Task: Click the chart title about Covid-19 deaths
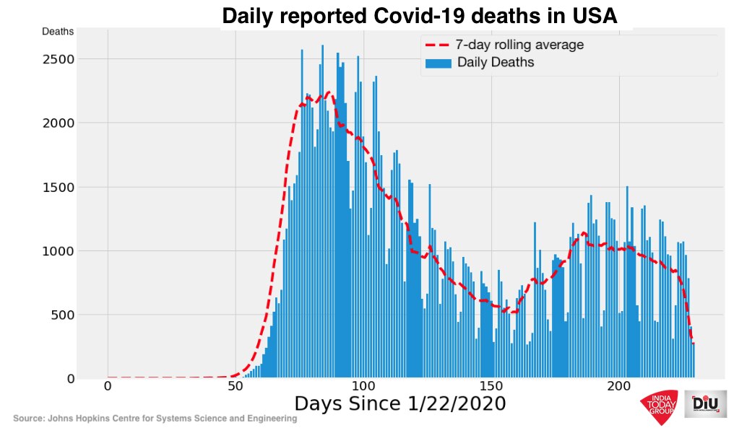[419, 16]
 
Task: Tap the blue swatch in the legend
[439, 63]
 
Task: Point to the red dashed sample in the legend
[439, 45]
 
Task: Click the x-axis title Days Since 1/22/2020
[400, 404]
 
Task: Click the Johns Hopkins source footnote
[155, 419]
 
